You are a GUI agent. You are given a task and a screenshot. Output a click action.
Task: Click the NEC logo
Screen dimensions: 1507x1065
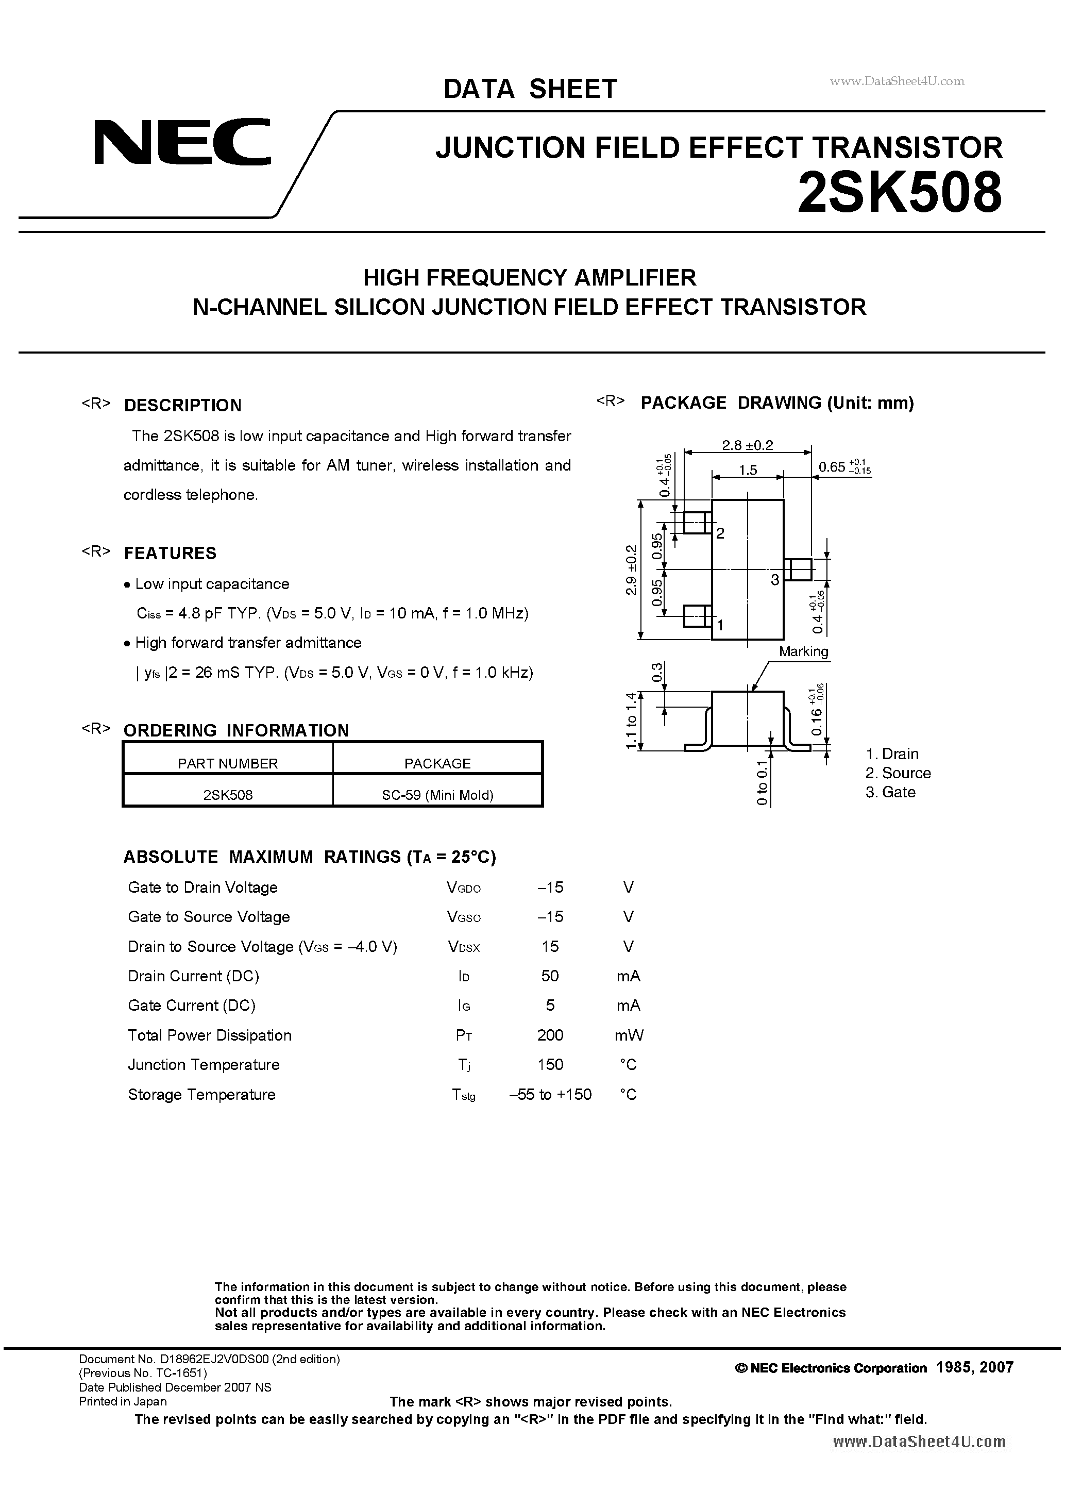click(x=182, y=142)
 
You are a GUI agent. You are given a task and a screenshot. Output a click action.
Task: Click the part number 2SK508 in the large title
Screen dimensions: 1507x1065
click(x=899, y=193)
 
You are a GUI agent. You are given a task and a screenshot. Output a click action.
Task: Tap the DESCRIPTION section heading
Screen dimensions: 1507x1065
click(x=182, y=406)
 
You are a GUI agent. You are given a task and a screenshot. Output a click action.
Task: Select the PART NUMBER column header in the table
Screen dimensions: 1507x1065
click(x=228, y=763)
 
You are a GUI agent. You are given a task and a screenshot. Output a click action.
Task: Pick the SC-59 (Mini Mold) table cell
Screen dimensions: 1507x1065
click(x=437, y=795)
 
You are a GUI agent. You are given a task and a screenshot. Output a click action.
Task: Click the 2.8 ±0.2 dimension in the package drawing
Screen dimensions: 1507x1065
click(x=748, y=445)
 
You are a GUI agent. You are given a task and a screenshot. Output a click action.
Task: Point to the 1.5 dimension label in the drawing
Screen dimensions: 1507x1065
click(x=748, y=470)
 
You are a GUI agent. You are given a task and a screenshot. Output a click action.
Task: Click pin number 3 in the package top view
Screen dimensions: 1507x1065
click(x=775, y=580)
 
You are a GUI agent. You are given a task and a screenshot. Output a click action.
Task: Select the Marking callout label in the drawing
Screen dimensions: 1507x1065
click(x=803, y=652)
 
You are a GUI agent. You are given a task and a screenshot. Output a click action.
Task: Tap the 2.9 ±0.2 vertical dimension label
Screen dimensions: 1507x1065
click(x=631, y=569)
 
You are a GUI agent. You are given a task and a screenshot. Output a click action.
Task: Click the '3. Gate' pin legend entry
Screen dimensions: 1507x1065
click(x=890, y=792)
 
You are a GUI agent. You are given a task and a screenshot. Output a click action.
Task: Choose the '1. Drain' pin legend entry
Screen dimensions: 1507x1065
click(x=892, y=753)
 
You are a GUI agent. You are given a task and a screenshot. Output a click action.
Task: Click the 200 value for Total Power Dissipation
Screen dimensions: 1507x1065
click(x=550, y=1035)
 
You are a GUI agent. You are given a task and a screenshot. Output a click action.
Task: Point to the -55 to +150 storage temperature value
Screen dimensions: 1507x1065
click(x=550, y=1094)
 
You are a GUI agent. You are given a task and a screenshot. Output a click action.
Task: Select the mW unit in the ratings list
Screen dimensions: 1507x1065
click(x=629, y=1035)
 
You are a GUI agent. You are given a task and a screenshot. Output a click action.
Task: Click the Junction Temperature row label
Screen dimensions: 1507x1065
click(x=204, y=1065)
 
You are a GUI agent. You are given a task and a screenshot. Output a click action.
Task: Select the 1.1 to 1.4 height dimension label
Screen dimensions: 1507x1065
click(x=631, y=720)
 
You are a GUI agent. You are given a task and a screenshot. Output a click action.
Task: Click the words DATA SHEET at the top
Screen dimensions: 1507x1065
click(x=530, y=89)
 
